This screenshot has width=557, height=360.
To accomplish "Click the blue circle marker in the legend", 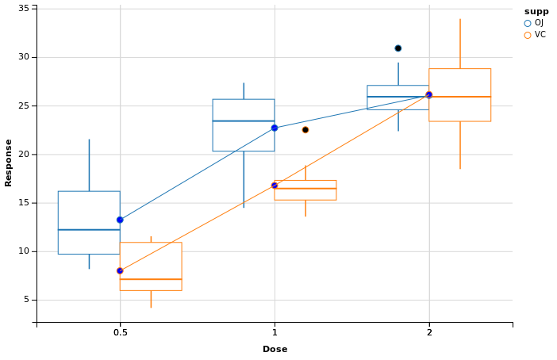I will (x=528, y=24).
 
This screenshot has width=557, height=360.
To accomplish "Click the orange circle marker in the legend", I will (x=528, y=36).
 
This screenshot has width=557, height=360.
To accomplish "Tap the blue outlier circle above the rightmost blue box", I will (x=398, y=48).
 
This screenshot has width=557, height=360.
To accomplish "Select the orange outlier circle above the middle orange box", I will (x=305, y=130).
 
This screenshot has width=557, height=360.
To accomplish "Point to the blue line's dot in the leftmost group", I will (x=120, y=220).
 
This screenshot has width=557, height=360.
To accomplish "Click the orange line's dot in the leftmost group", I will (x=120, y=271).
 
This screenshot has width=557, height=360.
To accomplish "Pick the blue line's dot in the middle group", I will (x=275, y=128).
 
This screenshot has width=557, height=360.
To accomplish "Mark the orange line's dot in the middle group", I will (x=275, y=186).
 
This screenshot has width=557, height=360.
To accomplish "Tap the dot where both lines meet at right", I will (x=429, y=95).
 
